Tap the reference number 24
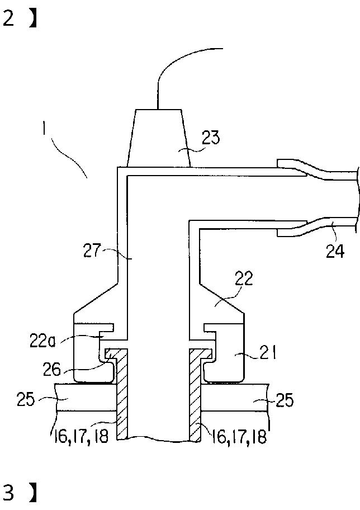coord(335,251)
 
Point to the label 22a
coord(42,341)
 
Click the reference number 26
coord(52,369)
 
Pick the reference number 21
coord(268,352)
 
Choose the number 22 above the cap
coord(244,278)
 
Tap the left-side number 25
coord(26,399)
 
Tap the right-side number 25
coord(285,400)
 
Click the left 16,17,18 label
coord(80,436)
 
